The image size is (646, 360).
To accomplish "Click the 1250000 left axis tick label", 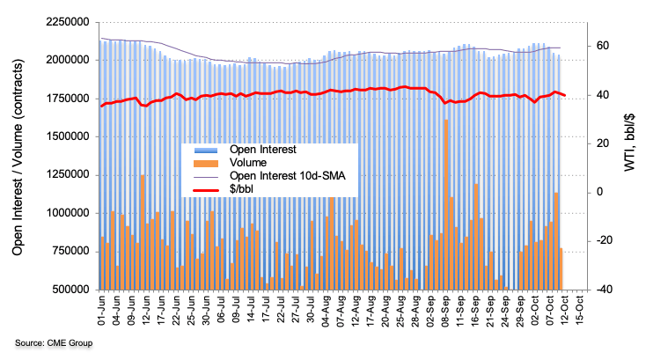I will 69,174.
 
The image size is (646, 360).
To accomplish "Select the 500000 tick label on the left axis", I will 72,289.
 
